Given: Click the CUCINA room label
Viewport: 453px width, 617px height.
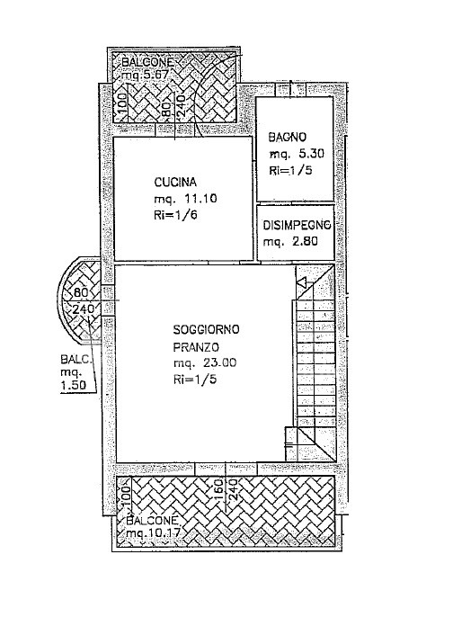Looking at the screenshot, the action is click(175, 183).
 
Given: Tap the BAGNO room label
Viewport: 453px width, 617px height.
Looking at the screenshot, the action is click(287, 137).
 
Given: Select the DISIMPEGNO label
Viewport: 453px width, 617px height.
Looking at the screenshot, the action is click(297, 226).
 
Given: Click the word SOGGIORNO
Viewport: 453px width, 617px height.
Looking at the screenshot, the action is click(207, 329).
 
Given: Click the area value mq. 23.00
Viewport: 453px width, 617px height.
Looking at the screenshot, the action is click(205, 362).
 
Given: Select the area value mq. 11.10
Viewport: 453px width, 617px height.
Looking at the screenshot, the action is click(185, 199).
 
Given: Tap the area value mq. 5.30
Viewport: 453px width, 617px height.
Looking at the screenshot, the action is click(297, 154).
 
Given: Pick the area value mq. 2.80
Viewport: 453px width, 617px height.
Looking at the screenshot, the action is click(290, 241).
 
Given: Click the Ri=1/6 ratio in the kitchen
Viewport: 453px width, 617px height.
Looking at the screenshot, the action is click(175, 215).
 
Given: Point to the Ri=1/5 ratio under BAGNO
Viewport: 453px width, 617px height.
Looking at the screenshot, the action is click(290, 170).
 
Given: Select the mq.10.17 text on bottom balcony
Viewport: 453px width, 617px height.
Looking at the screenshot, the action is click(153, 533).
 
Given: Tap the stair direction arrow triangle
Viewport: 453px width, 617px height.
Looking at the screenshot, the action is click(302, 282).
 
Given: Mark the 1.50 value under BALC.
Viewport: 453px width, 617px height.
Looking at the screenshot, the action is click(73, 386).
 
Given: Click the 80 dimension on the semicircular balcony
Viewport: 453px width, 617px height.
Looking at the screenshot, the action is click(80, 292).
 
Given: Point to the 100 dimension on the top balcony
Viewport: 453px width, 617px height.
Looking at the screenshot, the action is click(122, 104).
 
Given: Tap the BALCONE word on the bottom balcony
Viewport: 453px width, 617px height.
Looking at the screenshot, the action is click(153, 520).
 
